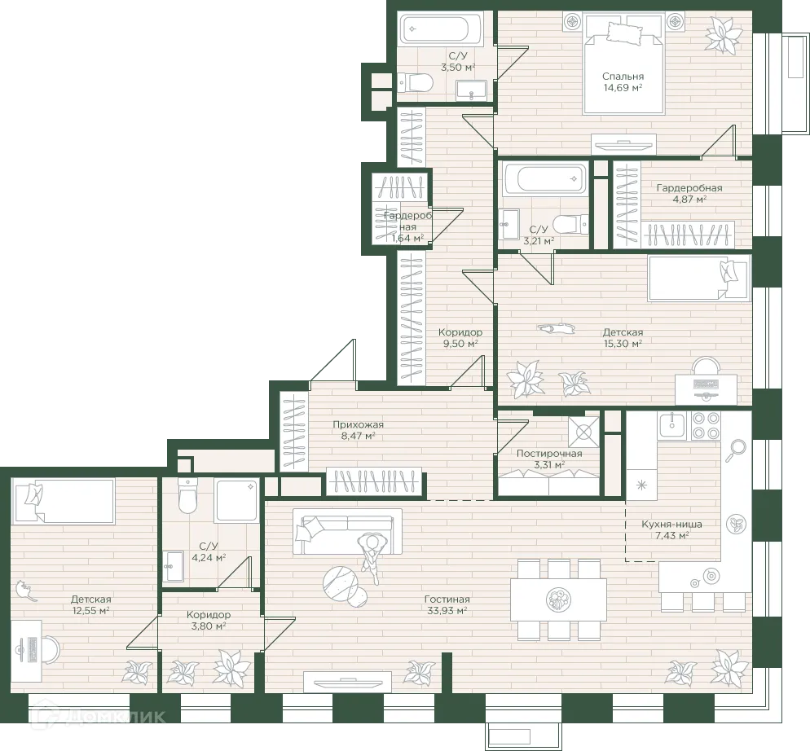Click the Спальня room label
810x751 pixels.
623,77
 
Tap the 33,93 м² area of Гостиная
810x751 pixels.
447,611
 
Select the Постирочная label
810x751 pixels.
549,454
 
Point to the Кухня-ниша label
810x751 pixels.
671,525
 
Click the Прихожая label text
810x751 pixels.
358,424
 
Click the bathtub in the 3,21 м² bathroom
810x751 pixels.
545,178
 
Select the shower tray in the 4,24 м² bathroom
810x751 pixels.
236,500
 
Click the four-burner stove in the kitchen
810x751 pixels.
706,426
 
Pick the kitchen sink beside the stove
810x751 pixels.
671,426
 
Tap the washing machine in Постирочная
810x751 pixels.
583,432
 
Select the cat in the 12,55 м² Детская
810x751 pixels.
26,591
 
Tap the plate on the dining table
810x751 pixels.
559,599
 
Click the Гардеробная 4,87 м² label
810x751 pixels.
689,193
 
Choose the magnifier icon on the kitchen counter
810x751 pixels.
736,450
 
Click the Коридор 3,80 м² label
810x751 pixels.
208,621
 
